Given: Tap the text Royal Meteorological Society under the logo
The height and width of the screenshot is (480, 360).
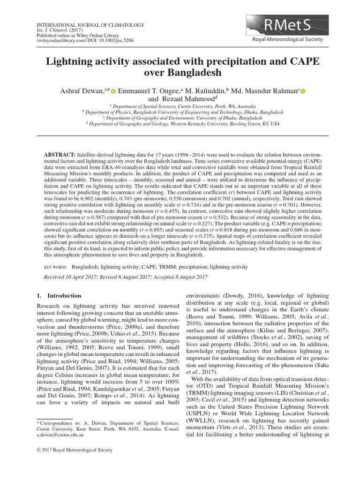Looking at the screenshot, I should point(287,39).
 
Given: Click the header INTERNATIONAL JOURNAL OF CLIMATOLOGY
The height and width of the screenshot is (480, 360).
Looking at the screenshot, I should point(90,24).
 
